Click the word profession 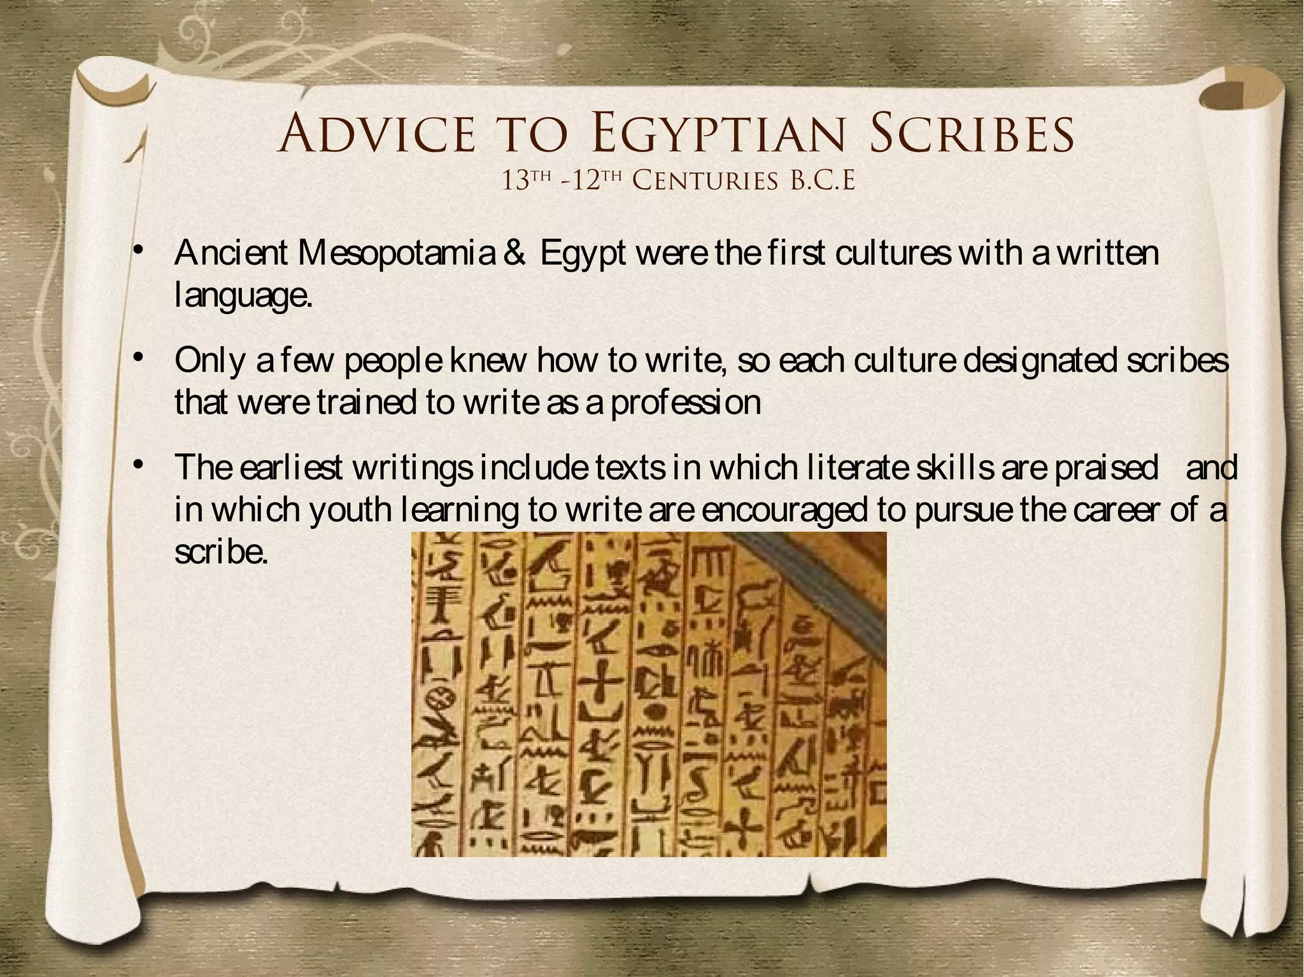click(x=686, y=402)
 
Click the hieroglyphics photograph click(x=649, y=694)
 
